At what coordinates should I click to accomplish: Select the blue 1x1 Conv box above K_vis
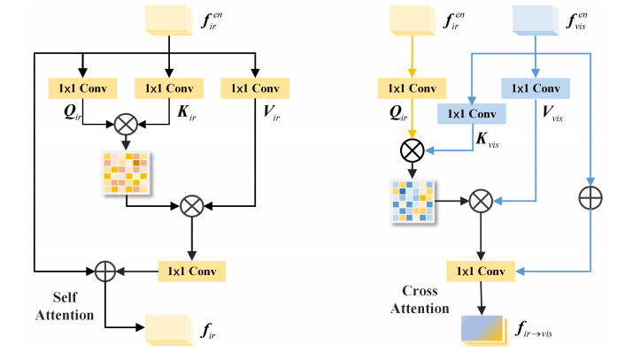click(x=471, y=113)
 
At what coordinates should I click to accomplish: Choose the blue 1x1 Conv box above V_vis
click(x=536, y=88)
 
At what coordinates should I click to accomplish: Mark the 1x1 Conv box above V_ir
click(x=255, y=88)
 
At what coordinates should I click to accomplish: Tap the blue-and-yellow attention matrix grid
click(x=411, y=202)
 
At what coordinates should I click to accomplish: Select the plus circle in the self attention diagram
click(x=104, y=269)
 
